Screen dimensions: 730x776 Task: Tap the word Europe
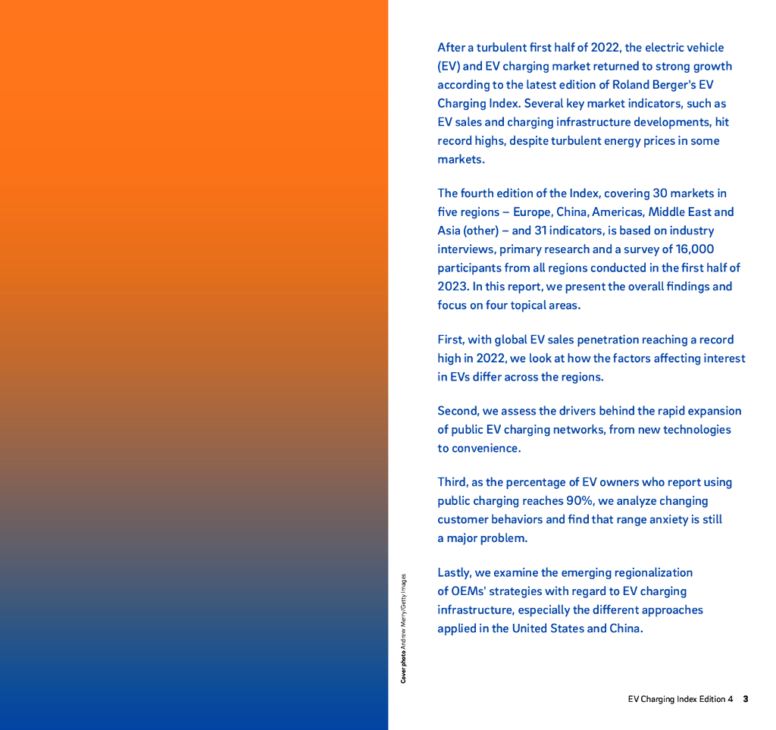coord(533,212)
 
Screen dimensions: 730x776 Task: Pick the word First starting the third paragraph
coord(451,340)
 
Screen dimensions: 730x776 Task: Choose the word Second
coord(458,411)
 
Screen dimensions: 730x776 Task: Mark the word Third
coord(452,482)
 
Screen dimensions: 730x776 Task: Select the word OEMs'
coord(469,591)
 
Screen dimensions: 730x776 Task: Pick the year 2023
coord(452,287)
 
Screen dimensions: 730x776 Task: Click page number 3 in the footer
coord(746,699)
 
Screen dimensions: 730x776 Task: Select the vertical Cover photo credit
coord(404,628)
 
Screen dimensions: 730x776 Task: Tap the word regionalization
coord(646,572)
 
